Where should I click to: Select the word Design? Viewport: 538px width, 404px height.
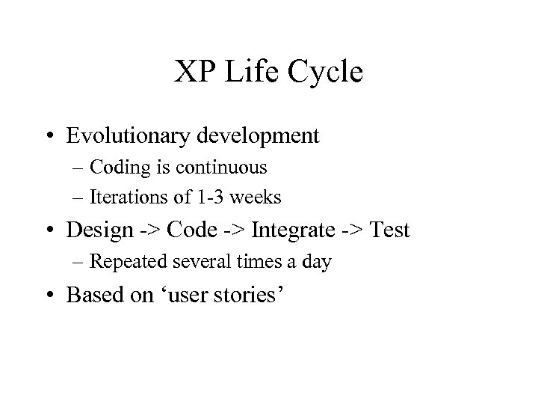98,230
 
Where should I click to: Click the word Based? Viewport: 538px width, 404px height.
93,294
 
